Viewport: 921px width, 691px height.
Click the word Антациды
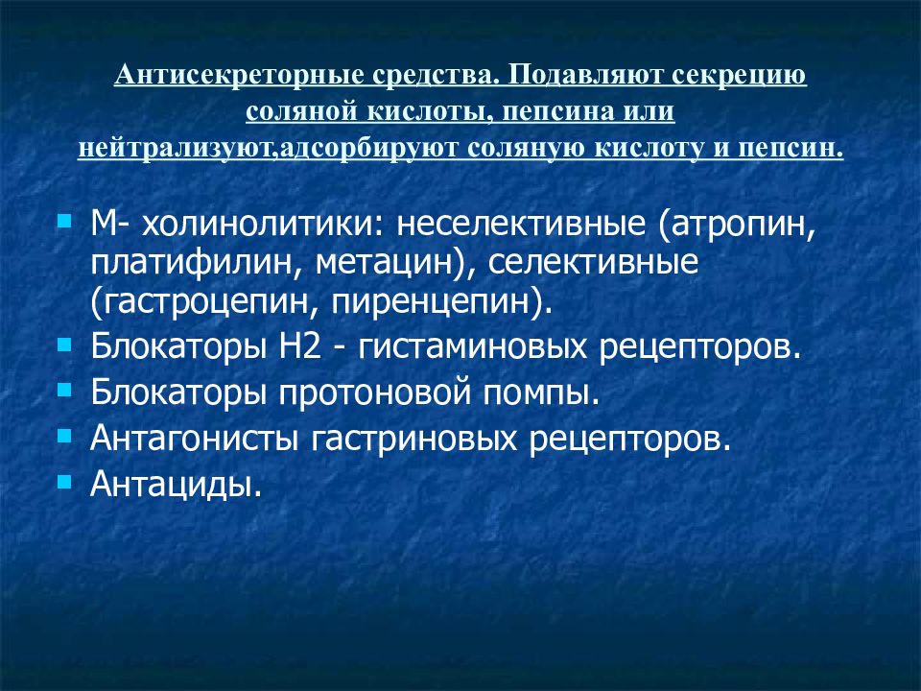176,485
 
